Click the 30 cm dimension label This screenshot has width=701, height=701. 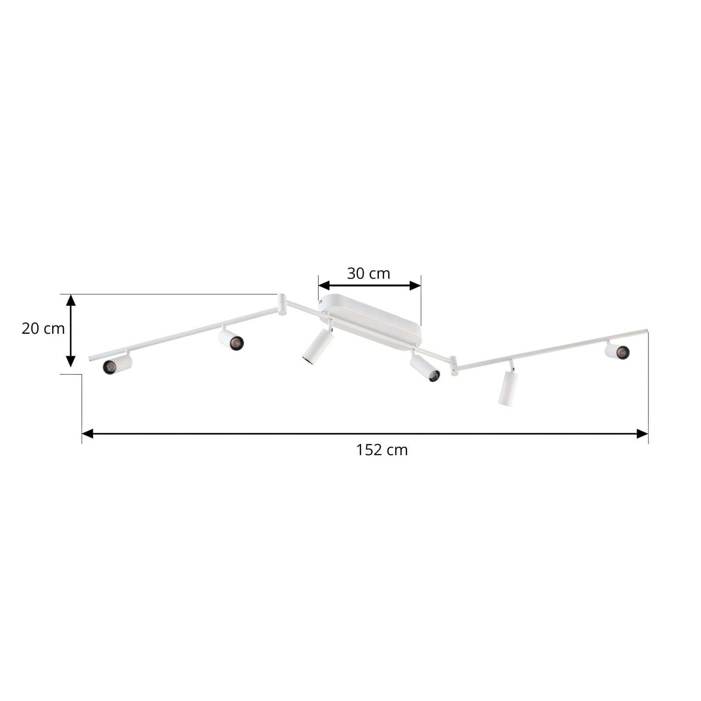tap(368, 273)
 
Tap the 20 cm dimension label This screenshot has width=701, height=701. tap(43, 328)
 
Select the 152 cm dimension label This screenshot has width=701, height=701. tap(382, 450)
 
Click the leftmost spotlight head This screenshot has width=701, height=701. tap(117, 364)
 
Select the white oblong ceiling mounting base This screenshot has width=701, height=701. tap(370, 322)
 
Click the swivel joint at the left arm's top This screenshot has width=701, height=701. tap(282, 304)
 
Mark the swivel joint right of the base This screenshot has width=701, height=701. tap(453, 366)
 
